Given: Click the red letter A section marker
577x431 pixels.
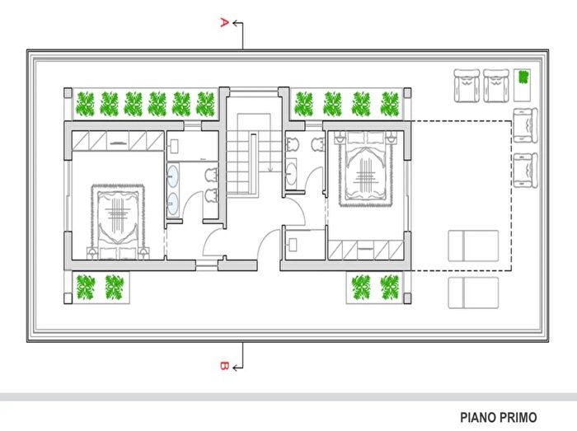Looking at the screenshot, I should tap(223, 23).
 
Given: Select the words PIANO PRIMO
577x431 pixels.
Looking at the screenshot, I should tap(499, 417).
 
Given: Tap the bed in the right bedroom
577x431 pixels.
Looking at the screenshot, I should tap(366, 168).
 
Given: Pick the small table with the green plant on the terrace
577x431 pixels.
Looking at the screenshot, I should tap(523, 80).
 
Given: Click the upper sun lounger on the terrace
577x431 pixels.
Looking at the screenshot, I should tap(473, 245).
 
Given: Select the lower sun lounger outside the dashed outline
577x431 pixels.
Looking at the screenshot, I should tap(473, 292).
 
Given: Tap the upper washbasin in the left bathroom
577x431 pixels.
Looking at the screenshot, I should tap(173, 175).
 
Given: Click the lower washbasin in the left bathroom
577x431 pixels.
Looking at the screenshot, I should tap(173, 206).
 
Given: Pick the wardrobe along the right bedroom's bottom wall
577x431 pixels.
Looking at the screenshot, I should tap(365, 249).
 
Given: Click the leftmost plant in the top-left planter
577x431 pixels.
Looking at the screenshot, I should tap(85, 103).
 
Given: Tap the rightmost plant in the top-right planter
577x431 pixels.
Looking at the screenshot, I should tap(389, 103).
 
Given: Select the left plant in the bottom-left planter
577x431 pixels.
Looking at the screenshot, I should tap(86, 287).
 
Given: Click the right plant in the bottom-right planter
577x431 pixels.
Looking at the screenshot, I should tap(388, 287).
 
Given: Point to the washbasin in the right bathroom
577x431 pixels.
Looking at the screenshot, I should tap(293, 174).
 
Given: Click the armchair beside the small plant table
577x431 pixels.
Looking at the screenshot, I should tap(495, 86).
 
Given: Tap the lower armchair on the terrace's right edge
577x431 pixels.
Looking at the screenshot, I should tap(524, 166).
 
